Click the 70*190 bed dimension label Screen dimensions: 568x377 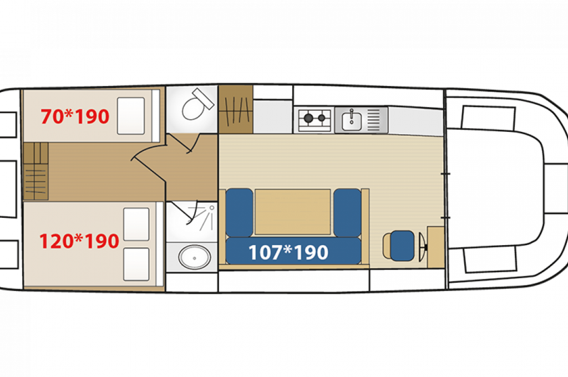pos(75,116)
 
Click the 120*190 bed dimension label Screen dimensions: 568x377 pos(79,241)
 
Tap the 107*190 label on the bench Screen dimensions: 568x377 pos(288,252)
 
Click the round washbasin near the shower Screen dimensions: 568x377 pos(195,257)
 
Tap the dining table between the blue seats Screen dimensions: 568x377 pos(293,212)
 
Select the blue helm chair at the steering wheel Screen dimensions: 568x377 pos(402,246)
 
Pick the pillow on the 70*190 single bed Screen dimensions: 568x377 pos(131,116)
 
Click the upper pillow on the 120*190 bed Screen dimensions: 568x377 pos(136,224)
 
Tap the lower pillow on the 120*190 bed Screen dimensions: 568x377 pos(136,264)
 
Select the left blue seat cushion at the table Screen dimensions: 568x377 pos(239,212)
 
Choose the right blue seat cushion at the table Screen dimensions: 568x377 pos(347,212)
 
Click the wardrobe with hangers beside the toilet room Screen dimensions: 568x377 pos(236,109)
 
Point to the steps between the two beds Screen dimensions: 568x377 pos(36,171)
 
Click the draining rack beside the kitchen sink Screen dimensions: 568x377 pos(374,120)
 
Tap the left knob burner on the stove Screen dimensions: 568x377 pos(308,118)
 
